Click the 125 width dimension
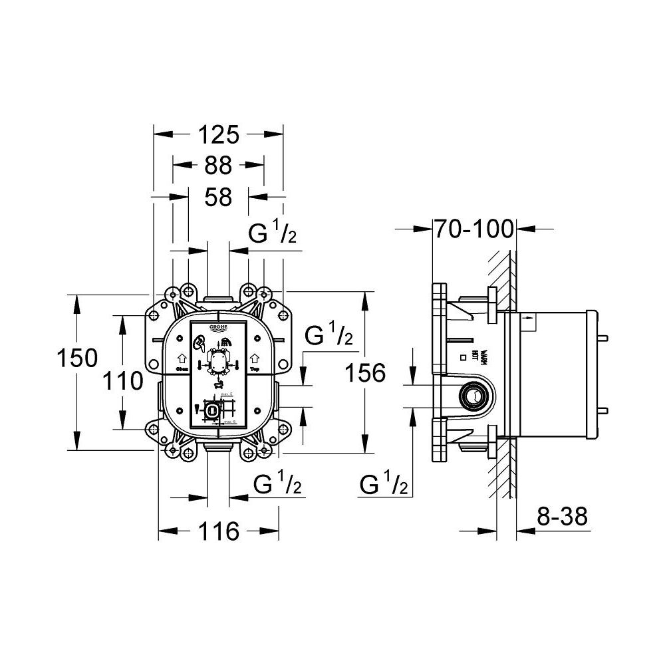pos(218,135)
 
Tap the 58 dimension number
pos(218,197)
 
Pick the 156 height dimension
pos(364,373)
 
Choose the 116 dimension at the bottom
pos(218,531)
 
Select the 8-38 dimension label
pos(563,517)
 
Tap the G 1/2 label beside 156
pos(329,337)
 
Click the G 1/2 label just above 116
pos(277,487)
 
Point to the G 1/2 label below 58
pos(272,235)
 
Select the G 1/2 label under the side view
pos(384,487)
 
